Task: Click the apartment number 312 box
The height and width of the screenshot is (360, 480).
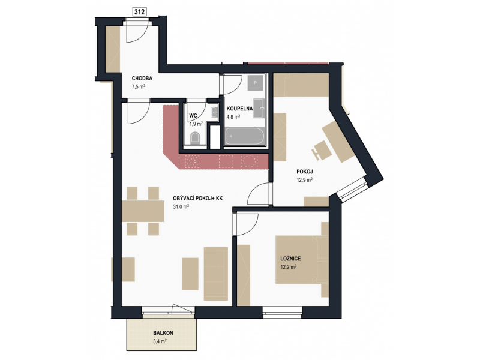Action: (139, 11)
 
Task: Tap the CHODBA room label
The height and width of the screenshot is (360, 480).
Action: (142, 79)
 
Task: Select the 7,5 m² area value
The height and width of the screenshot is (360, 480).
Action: (139, 86)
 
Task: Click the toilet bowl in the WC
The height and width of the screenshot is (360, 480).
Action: (195, 138)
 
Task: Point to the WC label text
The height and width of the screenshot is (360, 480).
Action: (193, 115)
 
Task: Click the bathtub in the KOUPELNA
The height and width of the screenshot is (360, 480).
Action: (244, 136)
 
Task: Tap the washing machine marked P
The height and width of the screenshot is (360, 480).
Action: (256, 83)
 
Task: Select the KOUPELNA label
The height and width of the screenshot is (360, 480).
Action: (239, 109)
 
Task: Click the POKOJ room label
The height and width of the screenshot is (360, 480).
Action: (305, 172)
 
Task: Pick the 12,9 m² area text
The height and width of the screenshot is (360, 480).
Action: (304, 180)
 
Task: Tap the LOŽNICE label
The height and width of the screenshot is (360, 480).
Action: (290, 259)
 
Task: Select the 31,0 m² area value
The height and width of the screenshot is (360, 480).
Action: (181, 206)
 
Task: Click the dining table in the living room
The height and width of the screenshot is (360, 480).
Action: (143, 211)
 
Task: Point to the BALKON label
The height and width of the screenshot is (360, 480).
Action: (163, 333)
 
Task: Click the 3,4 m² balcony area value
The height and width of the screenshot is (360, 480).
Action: (160, 341)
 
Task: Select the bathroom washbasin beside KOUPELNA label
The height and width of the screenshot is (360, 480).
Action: (259, 108)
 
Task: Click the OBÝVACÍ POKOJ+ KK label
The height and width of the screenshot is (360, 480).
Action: (198, 199)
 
